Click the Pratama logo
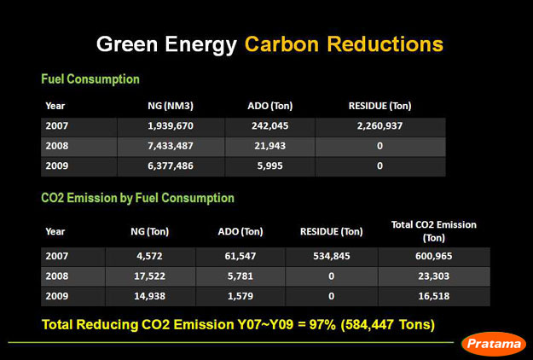coord(494,344)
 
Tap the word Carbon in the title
coord(281,44)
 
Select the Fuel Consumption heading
coord(90,79)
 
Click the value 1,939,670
coord(171,125)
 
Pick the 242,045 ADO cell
coord(269,125)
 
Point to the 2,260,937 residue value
coord(379,125)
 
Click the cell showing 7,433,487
coord(171,146)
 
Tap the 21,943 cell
coord(269,146)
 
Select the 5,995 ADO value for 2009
coord(269,165)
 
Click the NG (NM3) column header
coord(171,106)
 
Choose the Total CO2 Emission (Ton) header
coord(434,231)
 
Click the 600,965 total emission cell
coord(434,256)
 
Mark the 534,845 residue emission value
coord(332,256)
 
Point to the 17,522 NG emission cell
coord(149,276)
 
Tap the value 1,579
coord(240,296)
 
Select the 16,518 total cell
coord(434,296)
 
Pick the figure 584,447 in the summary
coord(369,325)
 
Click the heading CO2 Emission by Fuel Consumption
coord(137,198)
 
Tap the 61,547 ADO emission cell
coord(240,256)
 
